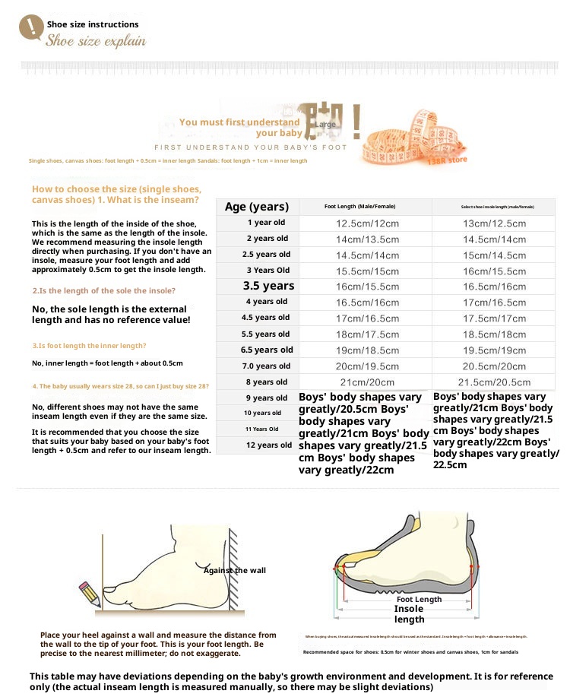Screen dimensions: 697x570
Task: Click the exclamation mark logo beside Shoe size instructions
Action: pyautogui.click(x=30, y=27)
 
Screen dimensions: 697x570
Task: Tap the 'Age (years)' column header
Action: pyautogui.click(x=257, y=207)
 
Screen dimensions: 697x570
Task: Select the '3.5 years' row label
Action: pyautogui.click(x=268, y=286)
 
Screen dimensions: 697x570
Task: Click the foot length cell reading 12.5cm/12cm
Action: pyautogui.click(x=368, y=223)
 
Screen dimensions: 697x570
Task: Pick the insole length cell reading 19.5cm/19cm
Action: pyautogui.click(x=495, y=350)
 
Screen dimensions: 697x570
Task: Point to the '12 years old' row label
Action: pyautogui.click(x=268, y=445)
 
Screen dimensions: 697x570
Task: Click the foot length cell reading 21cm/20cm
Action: pyautogui.click(x=368, y=382)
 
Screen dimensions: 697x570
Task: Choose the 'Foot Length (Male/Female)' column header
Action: pyautogui.click(x=359, y=207)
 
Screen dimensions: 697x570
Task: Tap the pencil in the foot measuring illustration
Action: pyautogui.click(x=89, y=593)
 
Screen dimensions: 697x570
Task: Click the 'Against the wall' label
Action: pyautogui.click(x=235, y=570)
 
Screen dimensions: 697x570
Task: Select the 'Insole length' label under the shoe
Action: pyautogui.click(x=409, y=614)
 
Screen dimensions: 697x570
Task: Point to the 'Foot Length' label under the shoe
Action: pyautogui.click(x=419, y=600)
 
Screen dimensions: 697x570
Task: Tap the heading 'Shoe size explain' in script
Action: pyautogui.click(x=96, y=41)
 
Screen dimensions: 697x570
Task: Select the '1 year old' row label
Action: pyautogui.click(x=266, y=223)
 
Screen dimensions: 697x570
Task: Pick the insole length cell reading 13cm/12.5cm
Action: pyautogui.click(x=495, y=223)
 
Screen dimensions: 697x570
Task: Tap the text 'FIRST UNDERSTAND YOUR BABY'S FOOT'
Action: pyautogui.click(x=251, y=147)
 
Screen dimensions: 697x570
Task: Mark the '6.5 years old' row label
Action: pyautogui.click(x=267, y=350)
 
